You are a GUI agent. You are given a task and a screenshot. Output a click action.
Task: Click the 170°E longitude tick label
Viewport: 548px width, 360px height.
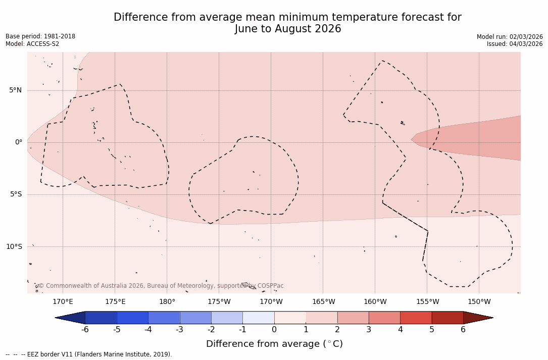pos(63,302)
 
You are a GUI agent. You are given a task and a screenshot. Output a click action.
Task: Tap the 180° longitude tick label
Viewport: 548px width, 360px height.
pos(167,302)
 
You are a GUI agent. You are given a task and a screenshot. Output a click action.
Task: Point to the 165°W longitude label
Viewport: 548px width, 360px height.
pos(323,302)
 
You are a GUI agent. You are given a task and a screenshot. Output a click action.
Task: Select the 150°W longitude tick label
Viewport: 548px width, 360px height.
pos(479,302)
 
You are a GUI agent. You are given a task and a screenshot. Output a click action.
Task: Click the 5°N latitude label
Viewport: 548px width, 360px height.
pos(15,90)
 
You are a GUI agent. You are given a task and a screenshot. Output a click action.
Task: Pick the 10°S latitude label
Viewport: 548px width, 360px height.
pos(14,247)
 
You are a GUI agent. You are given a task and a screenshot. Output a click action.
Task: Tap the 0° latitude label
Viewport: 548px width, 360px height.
pos(19,142)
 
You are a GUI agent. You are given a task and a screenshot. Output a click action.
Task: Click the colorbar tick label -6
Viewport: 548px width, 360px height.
pos(85,330)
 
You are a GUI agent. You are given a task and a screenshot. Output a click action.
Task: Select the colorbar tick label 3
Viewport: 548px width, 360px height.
pos(369,330)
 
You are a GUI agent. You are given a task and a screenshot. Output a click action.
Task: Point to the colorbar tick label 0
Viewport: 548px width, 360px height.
pos(274,330)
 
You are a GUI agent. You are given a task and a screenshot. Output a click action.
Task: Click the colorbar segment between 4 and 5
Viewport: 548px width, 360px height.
pos(416,318)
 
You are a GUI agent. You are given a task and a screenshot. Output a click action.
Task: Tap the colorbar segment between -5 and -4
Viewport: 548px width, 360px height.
pos(132,318)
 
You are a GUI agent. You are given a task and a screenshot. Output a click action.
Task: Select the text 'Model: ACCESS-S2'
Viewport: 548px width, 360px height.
pos(32,44)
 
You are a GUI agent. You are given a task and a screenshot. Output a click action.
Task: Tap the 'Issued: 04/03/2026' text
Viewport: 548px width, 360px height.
pos(514,44)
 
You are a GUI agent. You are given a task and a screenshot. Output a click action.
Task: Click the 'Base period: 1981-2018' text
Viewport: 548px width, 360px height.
pos(40,36)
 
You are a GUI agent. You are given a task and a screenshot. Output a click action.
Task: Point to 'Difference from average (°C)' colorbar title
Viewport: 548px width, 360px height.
pos(274,344)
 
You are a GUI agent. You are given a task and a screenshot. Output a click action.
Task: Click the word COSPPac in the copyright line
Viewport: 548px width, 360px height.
pos(270,286)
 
